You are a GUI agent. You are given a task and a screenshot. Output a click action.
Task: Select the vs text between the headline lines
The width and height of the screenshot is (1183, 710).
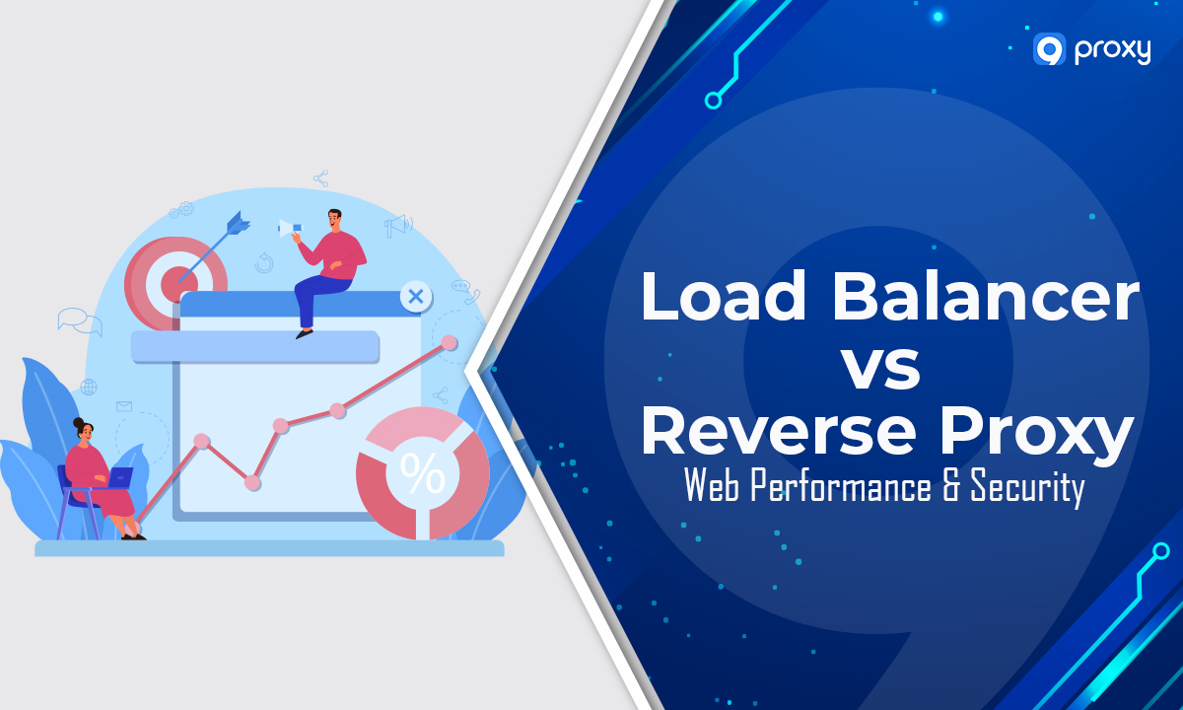point(881,368)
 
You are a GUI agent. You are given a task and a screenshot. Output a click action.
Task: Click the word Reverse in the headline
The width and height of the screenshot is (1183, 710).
point(779,431)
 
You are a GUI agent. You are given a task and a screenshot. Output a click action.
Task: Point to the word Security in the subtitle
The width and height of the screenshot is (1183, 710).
point(1027,486)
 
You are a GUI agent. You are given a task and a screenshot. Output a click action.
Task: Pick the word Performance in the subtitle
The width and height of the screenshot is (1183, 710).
point(841,485)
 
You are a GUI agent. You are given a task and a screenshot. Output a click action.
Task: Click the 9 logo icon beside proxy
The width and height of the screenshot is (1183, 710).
point(1049,49)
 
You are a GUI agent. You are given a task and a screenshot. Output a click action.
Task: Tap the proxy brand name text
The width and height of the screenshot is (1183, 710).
point(1112,51)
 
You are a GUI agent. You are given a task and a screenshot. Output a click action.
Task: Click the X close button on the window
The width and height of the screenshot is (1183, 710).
point(416,297)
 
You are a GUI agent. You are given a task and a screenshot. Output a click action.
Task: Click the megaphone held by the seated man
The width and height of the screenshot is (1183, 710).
point(290,229)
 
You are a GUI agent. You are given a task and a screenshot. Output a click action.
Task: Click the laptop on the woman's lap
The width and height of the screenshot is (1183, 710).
point(120,477)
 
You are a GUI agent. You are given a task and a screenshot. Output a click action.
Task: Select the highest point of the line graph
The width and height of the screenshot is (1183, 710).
point(449,342)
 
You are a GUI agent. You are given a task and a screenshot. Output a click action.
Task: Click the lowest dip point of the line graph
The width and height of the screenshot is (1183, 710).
point(252,482)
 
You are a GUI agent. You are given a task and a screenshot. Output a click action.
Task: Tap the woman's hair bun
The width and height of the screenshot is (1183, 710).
point(79,423)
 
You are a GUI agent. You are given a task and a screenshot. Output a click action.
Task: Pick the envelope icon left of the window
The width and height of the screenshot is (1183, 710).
point(124,405)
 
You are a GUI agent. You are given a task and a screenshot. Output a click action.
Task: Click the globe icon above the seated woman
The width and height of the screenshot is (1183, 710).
point(89,387)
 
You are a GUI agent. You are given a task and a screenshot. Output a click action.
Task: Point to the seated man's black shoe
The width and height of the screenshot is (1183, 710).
point(305,334)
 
